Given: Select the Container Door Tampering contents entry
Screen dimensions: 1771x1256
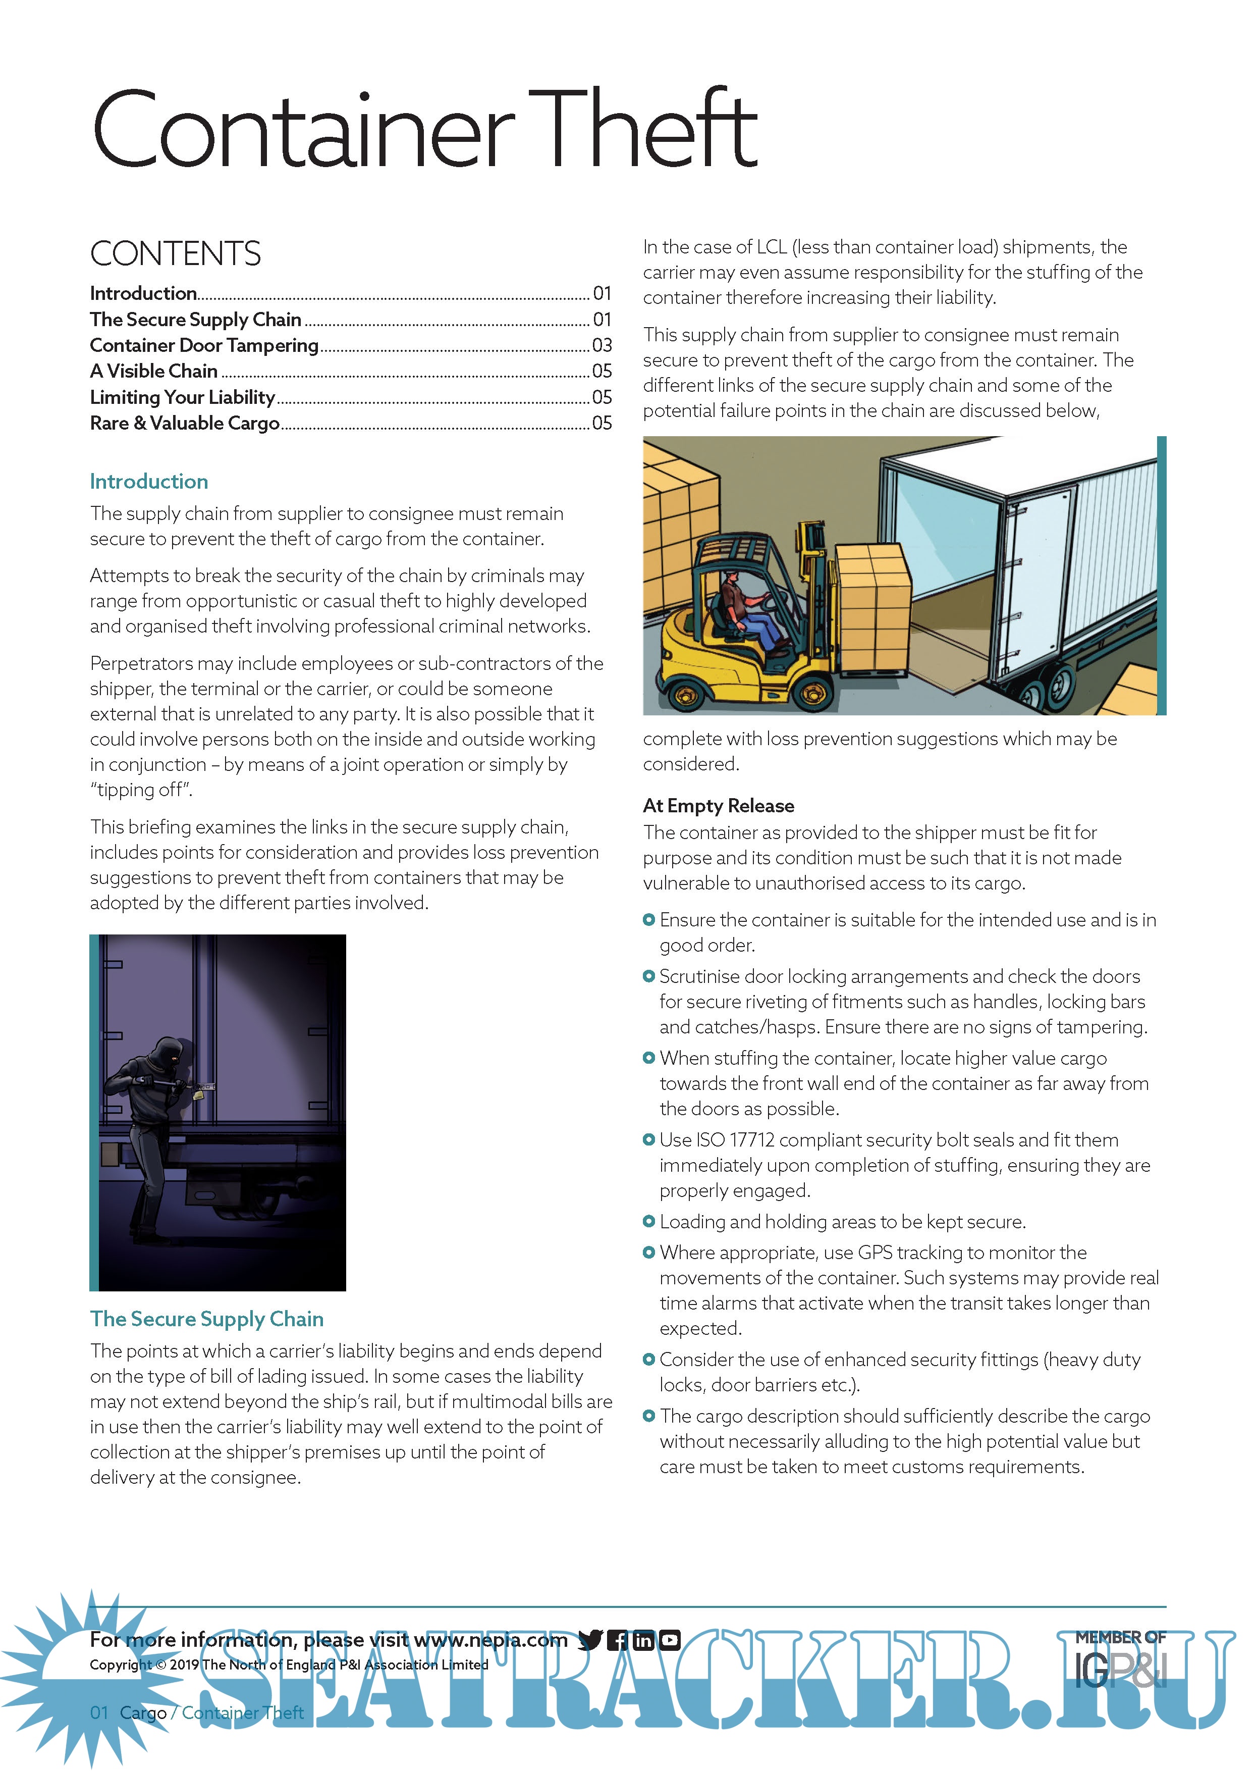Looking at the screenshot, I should [204, 345].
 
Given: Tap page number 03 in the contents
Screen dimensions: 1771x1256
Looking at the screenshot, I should [602, 345].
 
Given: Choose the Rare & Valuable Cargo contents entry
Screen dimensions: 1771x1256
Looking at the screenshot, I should [185, 423].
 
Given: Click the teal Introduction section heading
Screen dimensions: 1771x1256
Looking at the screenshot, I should [148, 481].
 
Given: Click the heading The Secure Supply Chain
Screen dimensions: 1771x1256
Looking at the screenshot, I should [206, 1319].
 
